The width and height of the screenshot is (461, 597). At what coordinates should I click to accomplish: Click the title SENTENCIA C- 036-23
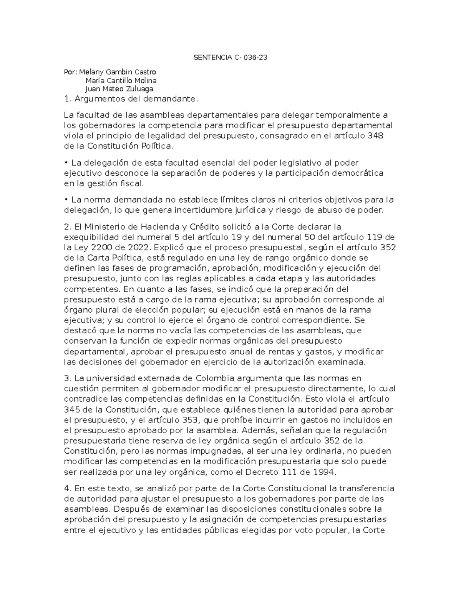230,58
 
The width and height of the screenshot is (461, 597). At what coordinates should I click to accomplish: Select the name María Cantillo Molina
121,81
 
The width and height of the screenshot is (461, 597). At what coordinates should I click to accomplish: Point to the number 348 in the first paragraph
376,136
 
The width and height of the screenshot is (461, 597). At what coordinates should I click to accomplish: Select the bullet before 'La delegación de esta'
66,163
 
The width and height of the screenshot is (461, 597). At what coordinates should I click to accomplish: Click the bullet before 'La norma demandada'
66,200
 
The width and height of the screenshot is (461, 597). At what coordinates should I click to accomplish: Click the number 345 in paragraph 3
71,409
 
